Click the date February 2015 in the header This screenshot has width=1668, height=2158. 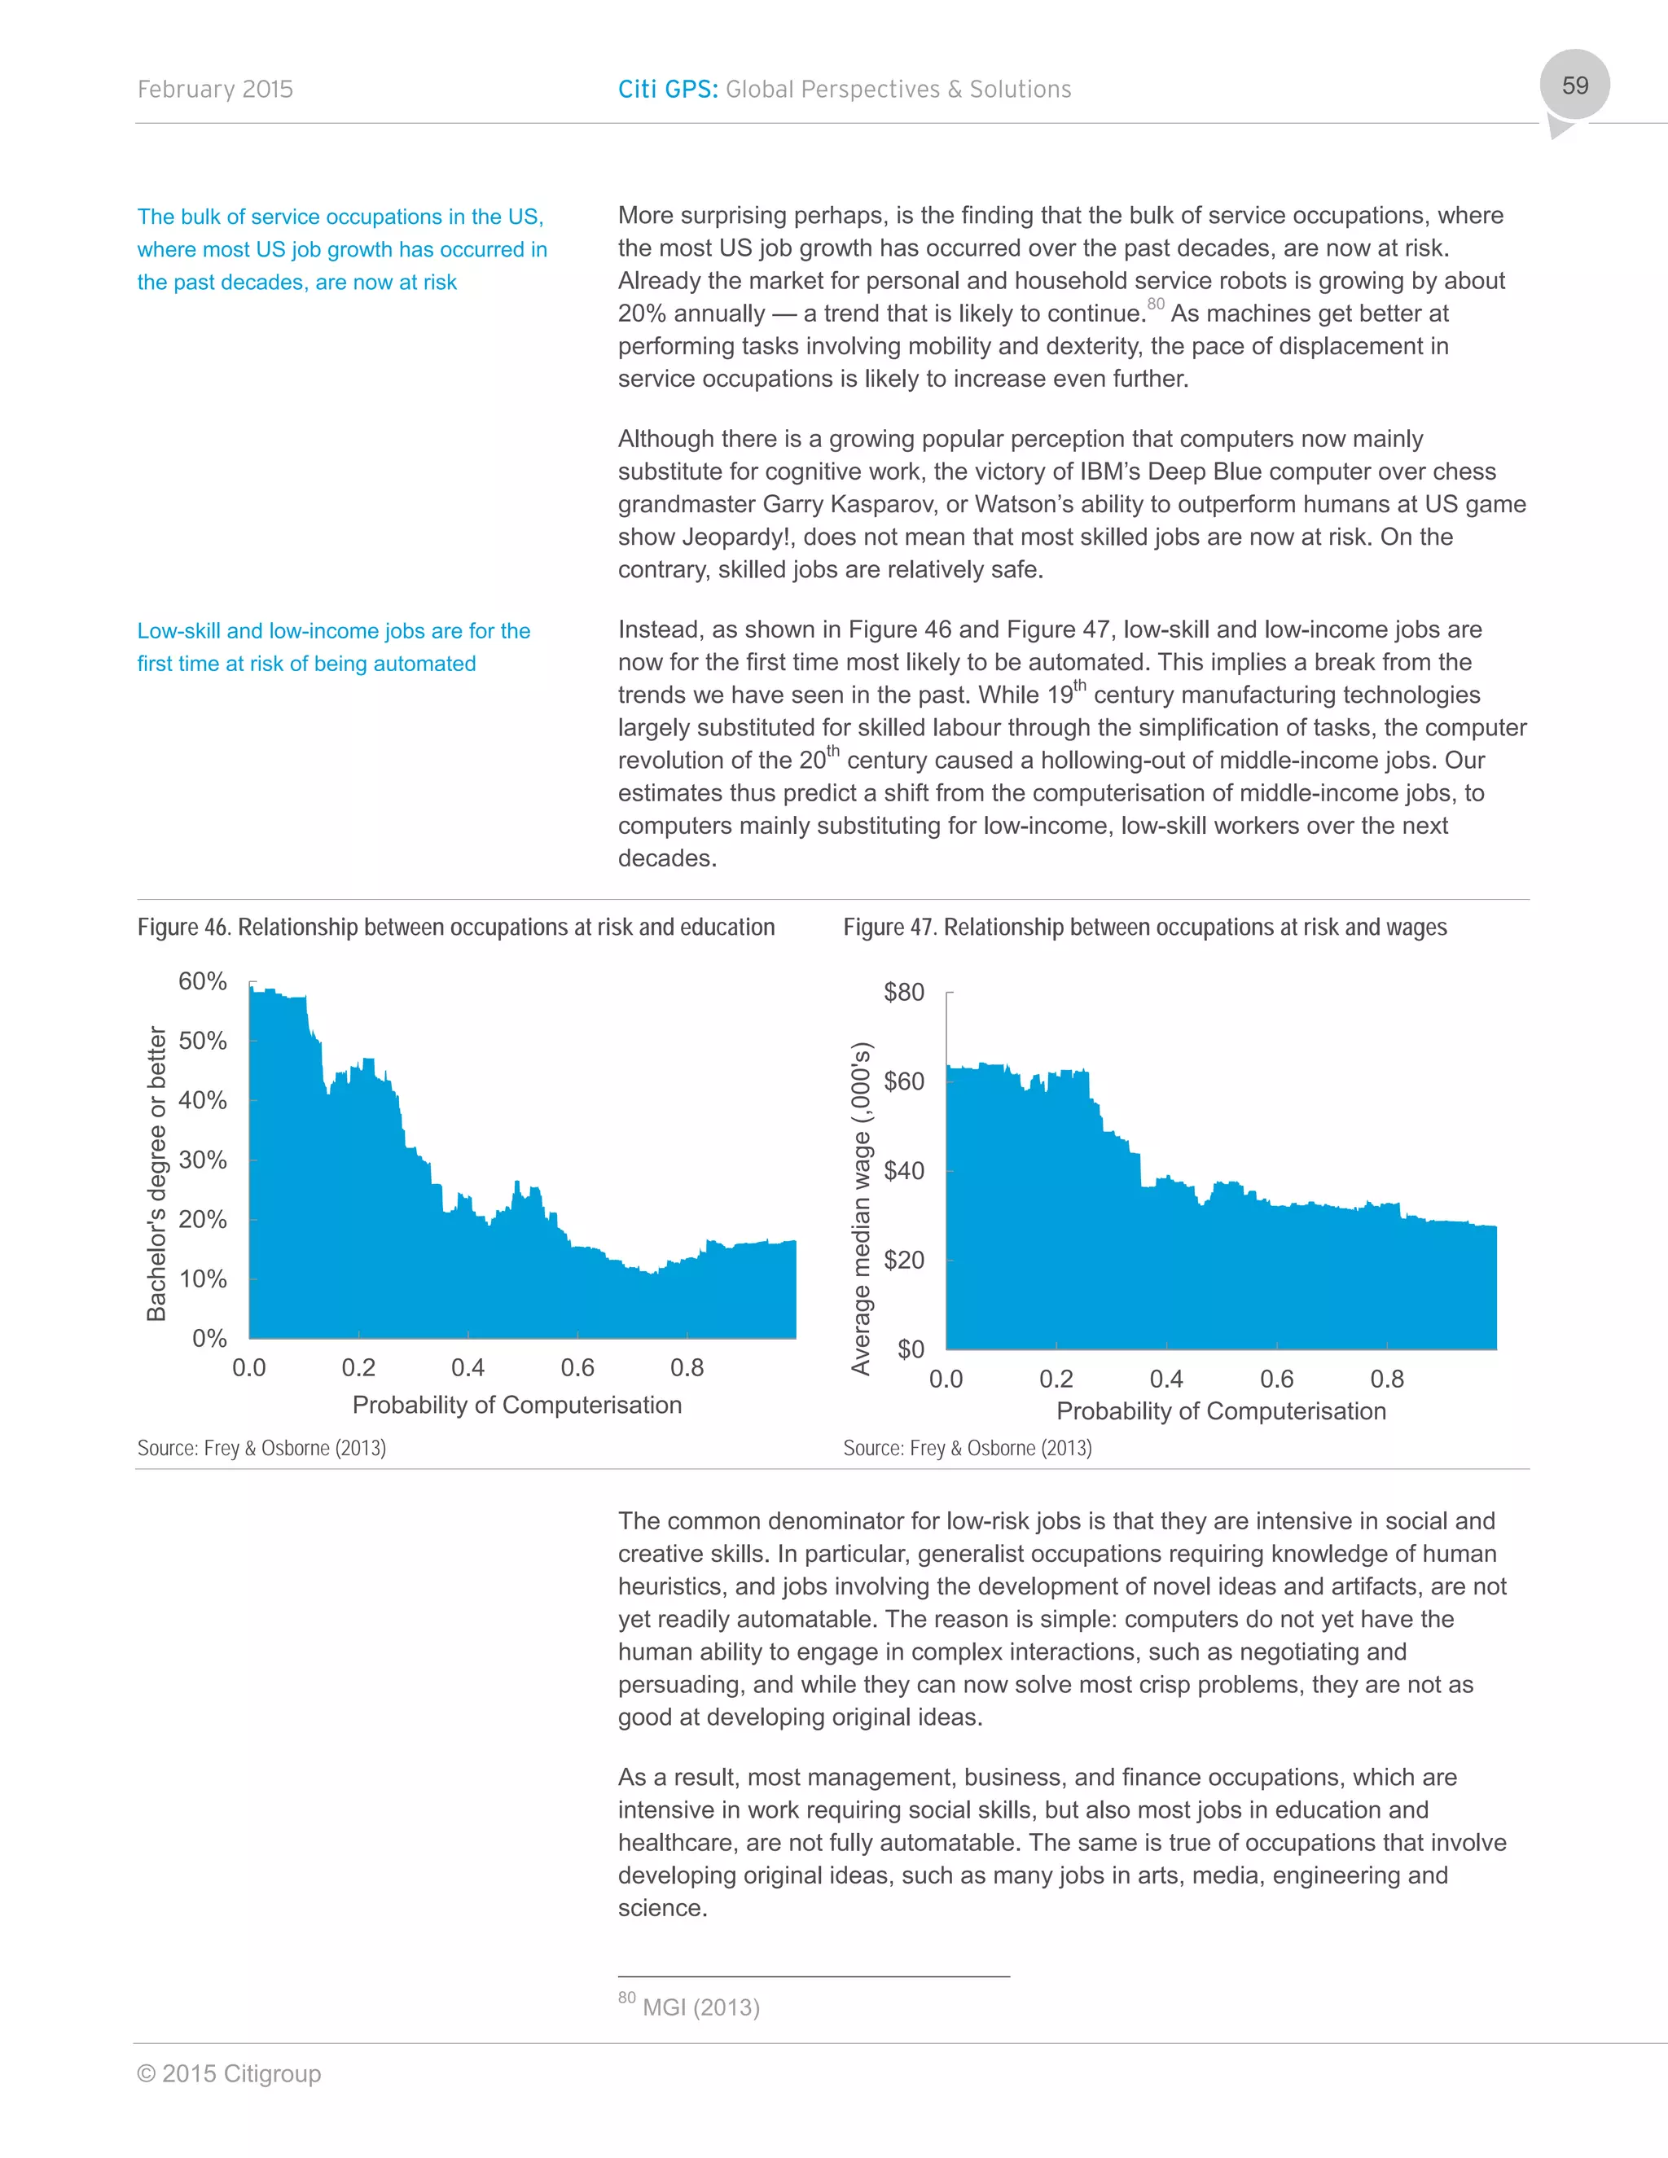click(214, 89)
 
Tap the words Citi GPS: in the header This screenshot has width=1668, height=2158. click(667, 89)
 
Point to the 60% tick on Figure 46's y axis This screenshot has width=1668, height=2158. click(203, 981)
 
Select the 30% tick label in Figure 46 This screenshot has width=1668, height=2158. click(203, 1160)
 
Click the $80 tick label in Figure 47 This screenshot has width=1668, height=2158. click(903, 992)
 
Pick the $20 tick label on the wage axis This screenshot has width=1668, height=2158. click(903, 1260)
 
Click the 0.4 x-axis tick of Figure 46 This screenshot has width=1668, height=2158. click(467, 1367)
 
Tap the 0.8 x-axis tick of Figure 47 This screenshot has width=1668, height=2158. click(1386, 1379)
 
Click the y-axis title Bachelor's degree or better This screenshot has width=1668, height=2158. click(156, 1173)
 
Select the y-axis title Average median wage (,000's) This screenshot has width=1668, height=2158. click(861, 1208)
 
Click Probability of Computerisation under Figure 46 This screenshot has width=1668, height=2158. click(517, 1405)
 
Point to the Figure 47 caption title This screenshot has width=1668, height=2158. click(1144, 927)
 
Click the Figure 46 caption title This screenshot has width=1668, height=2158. click(455, 927)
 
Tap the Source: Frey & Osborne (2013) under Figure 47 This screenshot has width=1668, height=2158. click(967, 1448)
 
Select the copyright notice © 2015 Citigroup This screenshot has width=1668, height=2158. click(228, 2073)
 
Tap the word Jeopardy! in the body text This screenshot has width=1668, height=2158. click(737, 537)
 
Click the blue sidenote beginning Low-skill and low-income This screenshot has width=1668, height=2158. click(333, 647)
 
